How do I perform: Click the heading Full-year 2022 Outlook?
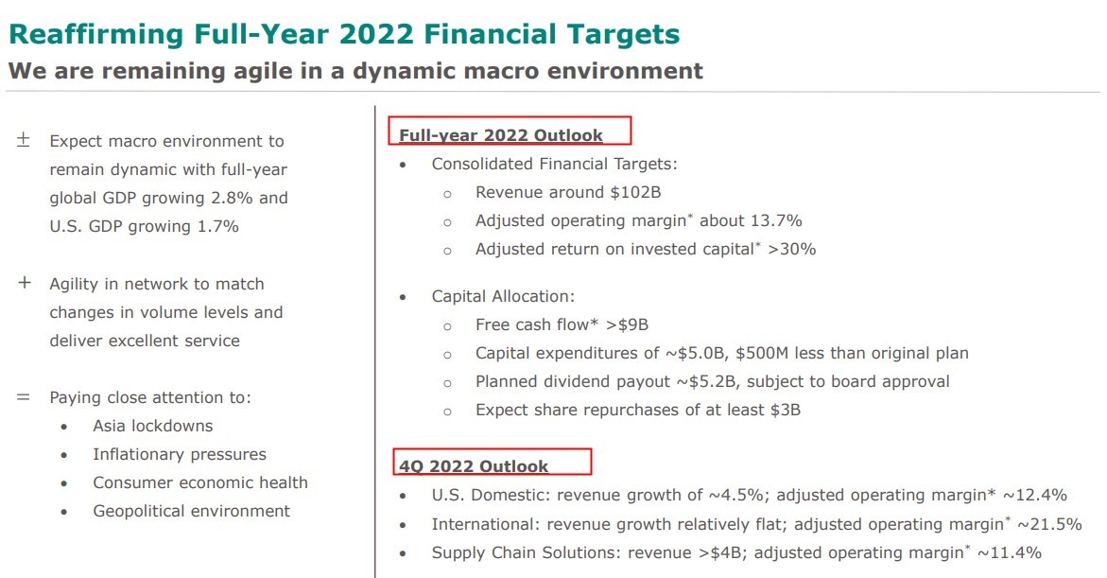coord(500,135)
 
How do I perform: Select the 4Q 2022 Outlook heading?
coord(473,465)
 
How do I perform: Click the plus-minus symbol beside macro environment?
coord(24,140)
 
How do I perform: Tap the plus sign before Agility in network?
coord(24,283)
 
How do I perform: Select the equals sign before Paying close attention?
coord(24,397)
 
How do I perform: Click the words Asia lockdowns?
coord(152,426)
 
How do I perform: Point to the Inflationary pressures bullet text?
coord(179,454)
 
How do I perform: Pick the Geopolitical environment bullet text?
coord(191,511)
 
